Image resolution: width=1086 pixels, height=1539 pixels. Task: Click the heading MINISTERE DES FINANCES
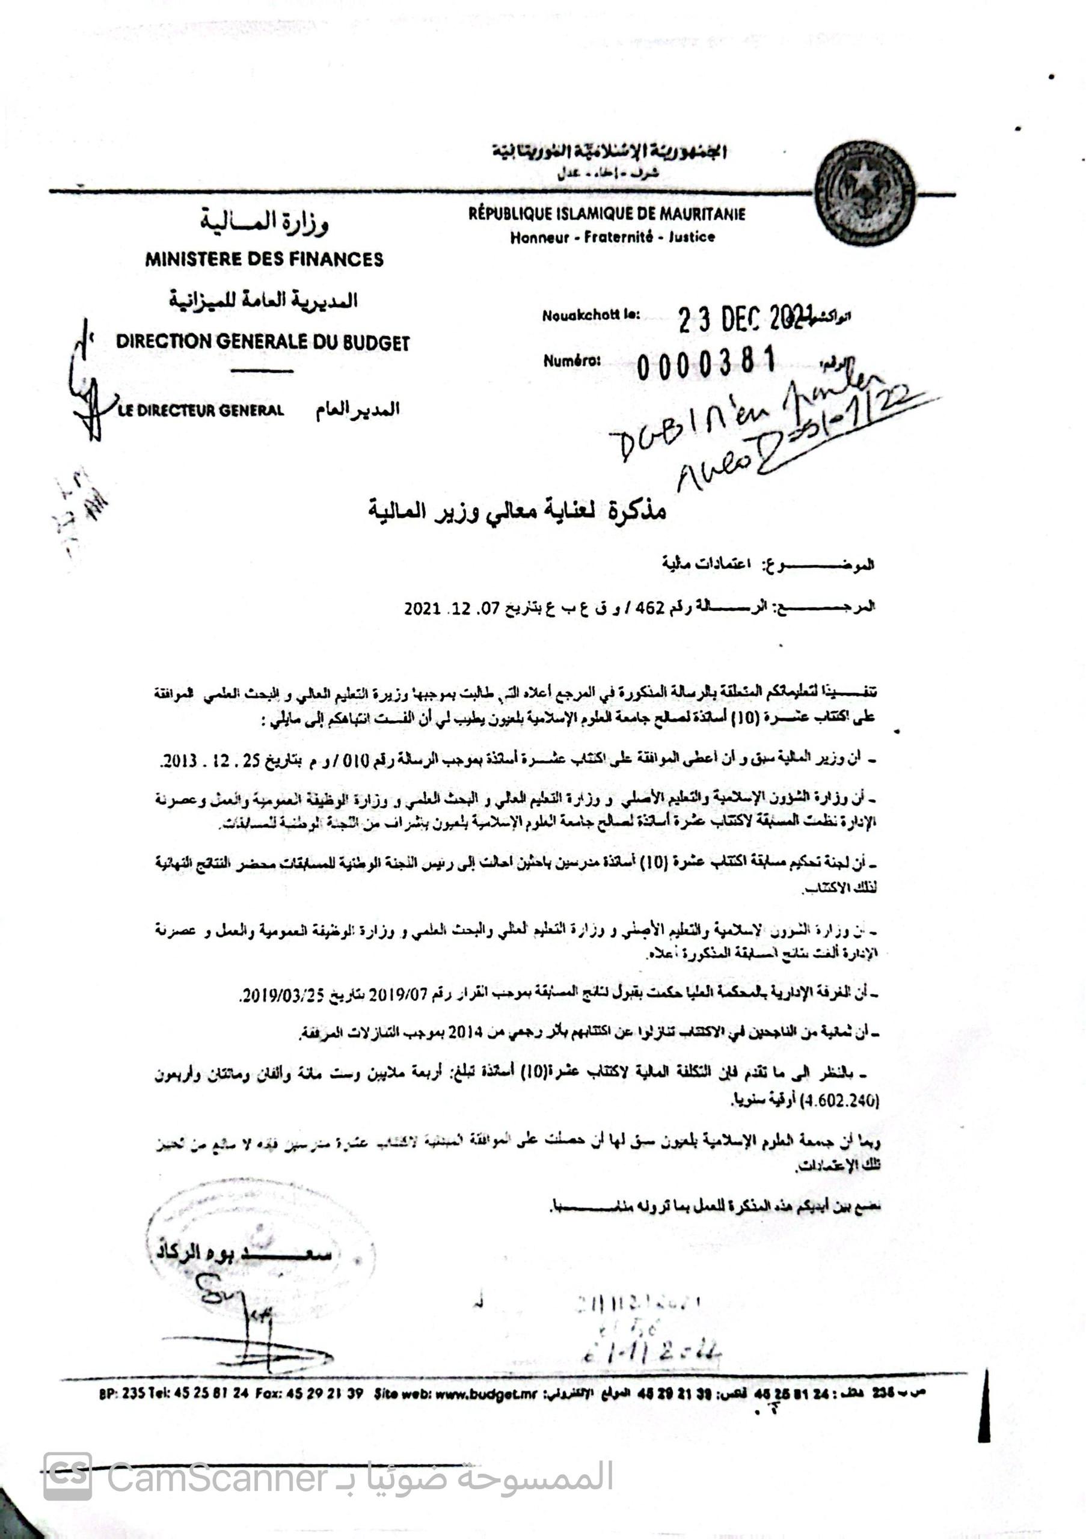[x=264, y=259]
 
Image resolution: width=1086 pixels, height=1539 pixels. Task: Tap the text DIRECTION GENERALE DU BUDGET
[x=262, y=341]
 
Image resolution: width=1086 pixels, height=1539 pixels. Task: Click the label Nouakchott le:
[x=591, y=314]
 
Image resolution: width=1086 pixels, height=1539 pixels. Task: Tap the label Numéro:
[x=572, y=361]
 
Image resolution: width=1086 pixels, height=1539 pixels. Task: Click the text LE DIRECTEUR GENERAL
[x=200, y=410]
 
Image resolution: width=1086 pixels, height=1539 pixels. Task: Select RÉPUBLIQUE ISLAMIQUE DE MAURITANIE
[x=607, y=215]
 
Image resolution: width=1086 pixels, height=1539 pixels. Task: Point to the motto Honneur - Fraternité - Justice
[x=612, y=237]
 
